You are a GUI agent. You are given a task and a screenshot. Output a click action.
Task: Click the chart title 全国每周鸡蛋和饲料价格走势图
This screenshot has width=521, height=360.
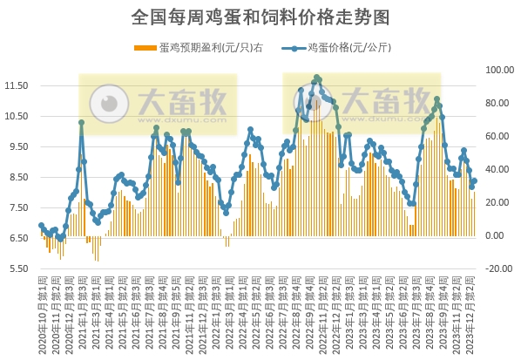click(260, 16)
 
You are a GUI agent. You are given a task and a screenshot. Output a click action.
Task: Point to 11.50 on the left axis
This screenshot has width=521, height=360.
click(17, 86)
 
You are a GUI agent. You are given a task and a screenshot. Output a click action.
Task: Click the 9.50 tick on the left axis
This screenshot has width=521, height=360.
click(17, 147)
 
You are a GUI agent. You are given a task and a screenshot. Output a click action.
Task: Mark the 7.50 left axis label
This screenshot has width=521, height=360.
click(17, 207)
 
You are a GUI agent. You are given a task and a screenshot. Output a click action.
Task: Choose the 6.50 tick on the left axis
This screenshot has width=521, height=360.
click(17, 238)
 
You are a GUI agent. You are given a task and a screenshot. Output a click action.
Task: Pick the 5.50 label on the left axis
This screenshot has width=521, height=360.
click(17, 268)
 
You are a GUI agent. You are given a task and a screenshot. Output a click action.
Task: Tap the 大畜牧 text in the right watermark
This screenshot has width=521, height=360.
click(384, 102)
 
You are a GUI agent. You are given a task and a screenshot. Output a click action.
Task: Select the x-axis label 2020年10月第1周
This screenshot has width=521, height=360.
click(42, 314)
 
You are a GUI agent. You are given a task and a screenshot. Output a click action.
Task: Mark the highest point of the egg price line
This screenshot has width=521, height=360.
click(316, 78)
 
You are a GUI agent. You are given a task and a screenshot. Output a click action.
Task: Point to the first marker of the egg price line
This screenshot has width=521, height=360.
click(41, 226)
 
